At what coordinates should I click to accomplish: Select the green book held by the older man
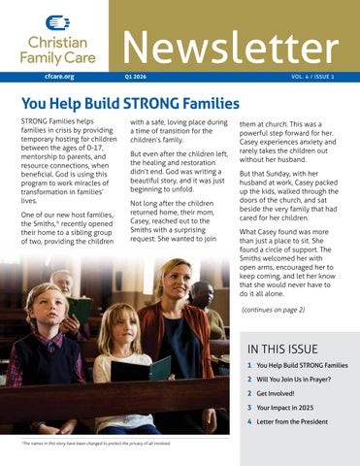(80, 310)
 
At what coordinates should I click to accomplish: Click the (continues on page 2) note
(273, 310)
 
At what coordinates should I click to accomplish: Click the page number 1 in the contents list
(249, 365)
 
